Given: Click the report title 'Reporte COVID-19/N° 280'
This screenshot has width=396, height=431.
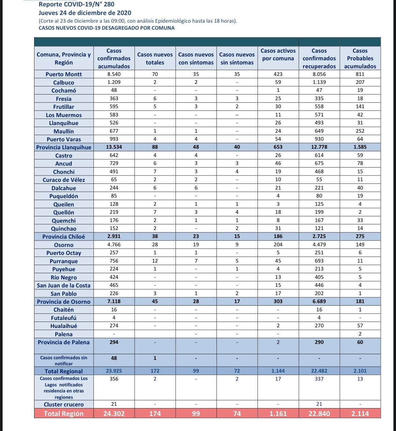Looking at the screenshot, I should (x=77, y=4).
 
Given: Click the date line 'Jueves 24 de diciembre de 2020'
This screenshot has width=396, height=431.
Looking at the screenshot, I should (x=85, y=13).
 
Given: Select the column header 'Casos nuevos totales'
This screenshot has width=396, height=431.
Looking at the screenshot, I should (x=155, y=59).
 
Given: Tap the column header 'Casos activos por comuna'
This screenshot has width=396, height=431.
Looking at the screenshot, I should (x=278, y=55).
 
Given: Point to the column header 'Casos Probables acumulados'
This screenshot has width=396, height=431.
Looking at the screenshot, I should (x=360, y=59).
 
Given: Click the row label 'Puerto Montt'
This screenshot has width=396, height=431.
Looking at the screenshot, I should (x=64, y=74).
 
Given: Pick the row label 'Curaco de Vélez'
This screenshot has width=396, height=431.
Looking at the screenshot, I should (x=64, y=180).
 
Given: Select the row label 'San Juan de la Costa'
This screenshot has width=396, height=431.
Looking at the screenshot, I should (x=64, y=286).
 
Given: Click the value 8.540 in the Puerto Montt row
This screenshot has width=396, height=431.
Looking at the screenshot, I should (x=114, y=74).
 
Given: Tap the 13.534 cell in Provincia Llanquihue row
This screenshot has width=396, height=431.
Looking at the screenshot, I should (x=114, y=147).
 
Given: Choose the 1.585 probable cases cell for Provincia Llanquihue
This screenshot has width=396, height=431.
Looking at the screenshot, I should (x=360, y=147).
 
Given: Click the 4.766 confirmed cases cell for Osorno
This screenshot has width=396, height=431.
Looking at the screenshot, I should (x=114, y=245).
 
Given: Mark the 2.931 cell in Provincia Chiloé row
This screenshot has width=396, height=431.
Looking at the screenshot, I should (x=114, y=236).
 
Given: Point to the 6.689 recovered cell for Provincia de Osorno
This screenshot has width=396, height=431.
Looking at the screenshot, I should (x=319, y=301).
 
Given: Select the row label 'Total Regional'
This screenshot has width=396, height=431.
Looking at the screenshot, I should (x=64, y=371).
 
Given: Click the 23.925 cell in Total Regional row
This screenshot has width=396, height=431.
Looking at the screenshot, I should (x=114, y=371).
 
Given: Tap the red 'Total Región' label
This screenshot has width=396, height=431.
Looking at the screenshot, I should (x=64, y=414).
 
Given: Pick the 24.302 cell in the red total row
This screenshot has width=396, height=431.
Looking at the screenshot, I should (x=114, y=414).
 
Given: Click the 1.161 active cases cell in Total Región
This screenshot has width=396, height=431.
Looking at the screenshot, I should (x=278, y=414).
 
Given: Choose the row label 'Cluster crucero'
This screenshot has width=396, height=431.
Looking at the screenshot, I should (x=64, y=405).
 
